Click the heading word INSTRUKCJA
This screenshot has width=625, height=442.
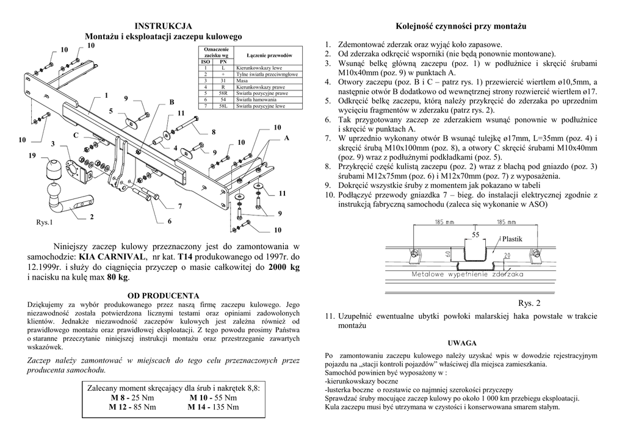163,26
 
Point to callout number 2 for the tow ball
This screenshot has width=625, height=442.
92,217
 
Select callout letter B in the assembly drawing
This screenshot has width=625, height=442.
172,101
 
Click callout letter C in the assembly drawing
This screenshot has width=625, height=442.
76,134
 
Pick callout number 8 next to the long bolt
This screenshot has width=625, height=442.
214,132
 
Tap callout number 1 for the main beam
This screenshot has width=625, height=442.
106,95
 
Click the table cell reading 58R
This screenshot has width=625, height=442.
223,93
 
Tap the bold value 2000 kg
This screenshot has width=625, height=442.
284,267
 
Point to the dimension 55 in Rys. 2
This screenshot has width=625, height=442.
476,234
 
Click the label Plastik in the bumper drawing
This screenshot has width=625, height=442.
512,239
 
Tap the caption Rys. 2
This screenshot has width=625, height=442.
529,303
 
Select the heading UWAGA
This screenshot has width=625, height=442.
461,343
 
